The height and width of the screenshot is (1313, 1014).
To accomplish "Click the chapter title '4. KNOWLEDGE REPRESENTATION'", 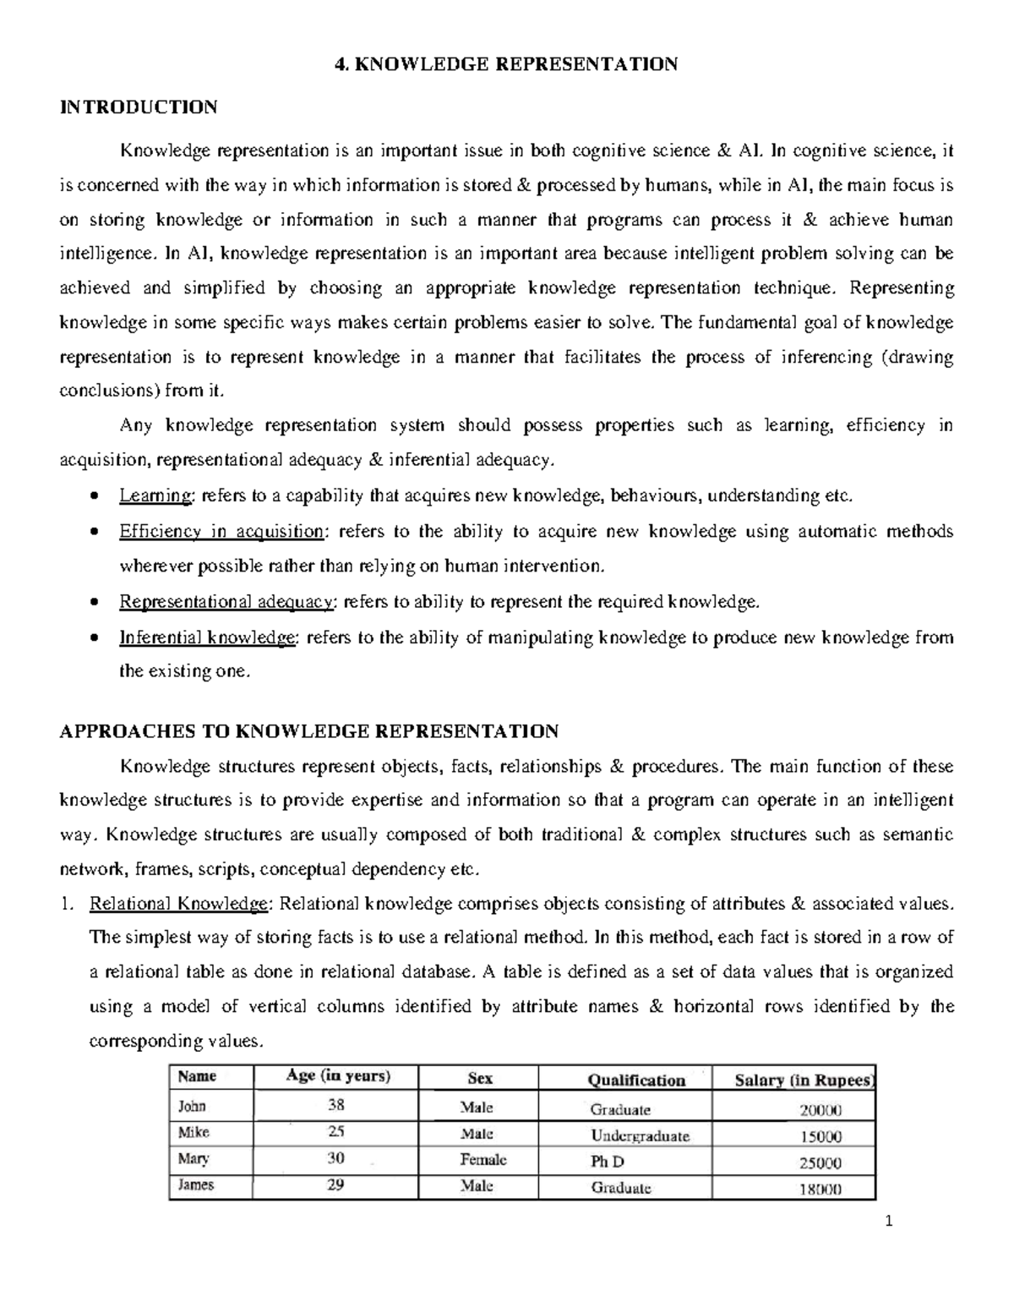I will pyautogui.click(x=506, y=64).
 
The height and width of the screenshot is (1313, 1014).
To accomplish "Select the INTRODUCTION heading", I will pyautogui.click(x=139, y=107).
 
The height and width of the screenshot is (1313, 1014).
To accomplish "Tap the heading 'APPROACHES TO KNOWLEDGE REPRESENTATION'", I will pyautogui.click(x=308, y=731).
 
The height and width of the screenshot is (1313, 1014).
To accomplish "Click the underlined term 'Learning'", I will pyautogui.click(x=156, y=496).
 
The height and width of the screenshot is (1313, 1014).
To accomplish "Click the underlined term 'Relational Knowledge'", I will pyautogui.click(x=178, y=904).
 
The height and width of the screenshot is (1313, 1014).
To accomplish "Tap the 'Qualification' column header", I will pyautogui.click(x=636, y=1080).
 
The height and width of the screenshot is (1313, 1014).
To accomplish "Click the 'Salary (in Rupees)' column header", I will pyautogui.click(x=804, y=1080).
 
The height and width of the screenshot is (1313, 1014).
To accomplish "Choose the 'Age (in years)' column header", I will pyautogui.click(x=338, y=1076).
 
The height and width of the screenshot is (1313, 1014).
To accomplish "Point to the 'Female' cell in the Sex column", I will pyautogui.click(x=482, y=1160).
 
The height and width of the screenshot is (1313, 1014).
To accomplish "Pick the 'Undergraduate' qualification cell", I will pyautogui.click(x=640, y=1135).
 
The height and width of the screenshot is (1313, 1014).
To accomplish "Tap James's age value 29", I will pyautogui.click(x=335, y=1185).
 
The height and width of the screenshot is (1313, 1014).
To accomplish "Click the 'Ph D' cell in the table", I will pyautogui.click(x=608, y=1163).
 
